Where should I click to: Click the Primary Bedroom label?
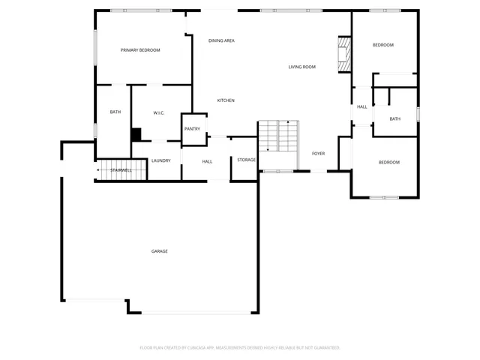pyautogui.click(x=141, y=50)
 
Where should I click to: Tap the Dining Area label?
pyautogui.click(x=221, y=40)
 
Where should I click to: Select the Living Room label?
pyautogui.click(x=301, y=67)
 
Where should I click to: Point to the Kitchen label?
pyautogui.click(x=226, y=100)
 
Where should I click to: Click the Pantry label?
pyautogui.click(x=192, y=128)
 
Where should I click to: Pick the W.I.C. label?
pyautogui.click(x=159, y=113)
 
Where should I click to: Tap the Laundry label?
pyautogui.click(x=160, y=160)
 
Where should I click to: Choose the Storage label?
pyautogui.click(x=246, y=160)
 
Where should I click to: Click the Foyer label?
pyautogui.click(x=318, y=154)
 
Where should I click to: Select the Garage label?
pyautogui.click(x=159, y=251)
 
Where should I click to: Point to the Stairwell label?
pyautogui.click(x=121, y=171)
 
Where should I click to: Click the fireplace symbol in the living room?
pyautogui.click(x=343, y=55)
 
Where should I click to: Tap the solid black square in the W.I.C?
pyautogui.click(x=136, y=134)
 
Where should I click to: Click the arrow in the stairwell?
pyautogui.click(x=100, y=171)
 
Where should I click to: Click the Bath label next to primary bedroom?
pyautogui.click(x=115, y=112)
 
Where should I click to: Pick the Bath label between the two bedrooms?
pyautogui.click(x=394, y=118)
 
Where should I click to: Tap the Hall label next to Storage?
pyautogui.click(x=207, y=161)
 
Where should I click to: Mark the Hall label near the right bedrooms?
pyautogui.click(x=361, y=107)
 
